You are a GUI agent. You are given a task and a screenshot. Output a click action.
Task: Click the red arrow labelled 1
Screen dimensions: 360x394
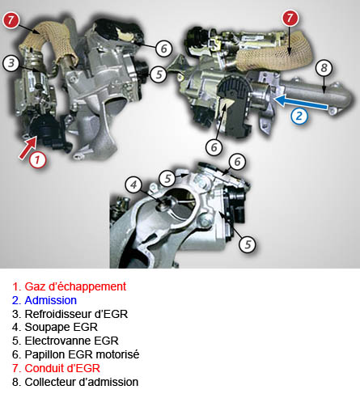tap(28, 148)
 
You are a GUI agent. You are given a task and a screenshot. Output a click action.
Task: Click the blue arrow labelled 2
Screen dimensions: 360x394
tap(301, 103)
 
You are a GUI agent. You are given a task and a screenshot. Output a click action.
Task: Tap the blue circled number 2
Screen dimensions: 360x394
tap(299, 117)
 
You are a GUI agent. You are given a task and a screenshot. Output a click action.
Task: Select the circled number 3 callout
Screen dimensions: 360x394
tap(11, 63)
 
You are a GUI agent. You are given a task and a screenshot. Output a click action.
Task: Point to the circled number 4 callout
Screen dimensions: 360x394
tap(133, 185)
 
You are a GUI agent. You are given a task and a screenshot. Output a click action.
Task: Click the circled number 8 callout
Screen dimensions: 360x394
tap(324, 68)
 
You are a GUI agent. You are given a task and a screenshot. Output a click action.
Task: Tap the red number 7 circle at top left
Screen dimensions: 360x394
tap(11, 20)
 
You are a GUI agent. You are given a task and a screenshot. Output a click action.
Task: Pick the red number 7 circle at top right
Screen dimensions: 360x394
tap(290, 19)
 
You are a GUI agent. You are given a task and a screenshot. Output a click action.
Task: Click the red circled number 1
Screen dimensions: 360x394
tap(37, 159)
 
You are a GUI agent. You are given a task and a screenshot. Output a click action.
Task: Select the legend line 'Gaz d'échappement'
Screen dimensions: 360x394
tap(69, 286)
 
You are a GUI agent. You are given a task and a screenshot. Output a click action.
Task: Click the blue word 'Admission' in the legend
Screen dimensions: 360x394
tap(51, 300)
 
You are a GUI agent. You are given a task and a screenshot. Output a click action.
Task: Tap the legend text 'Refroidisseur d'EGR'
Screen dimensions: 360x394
tap(70, 314)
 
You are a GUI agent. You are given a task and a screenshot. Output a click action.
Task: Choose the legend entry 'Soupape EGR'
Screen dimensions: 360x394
tap(55, 328)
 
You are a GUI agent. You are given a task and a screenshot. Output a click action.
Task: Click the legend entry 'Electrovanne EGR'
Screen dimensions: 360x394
tap(66, 341)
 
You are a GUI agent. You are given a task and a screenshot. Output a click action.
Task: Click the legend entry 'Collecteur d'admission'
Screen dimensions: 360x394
tap(75, 382)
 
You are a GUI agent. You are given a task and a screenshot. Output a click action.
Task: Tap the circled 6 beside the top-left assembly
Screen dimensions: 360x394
tap(164, 49)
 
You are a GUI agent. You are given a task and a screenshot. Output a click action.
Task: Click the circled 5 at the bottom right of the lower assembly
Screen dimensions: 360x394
tap(248, 244)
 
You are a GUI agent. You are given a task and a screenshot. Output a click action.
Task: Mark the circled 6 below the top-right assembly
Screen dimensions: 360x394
tap(214, 147)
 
